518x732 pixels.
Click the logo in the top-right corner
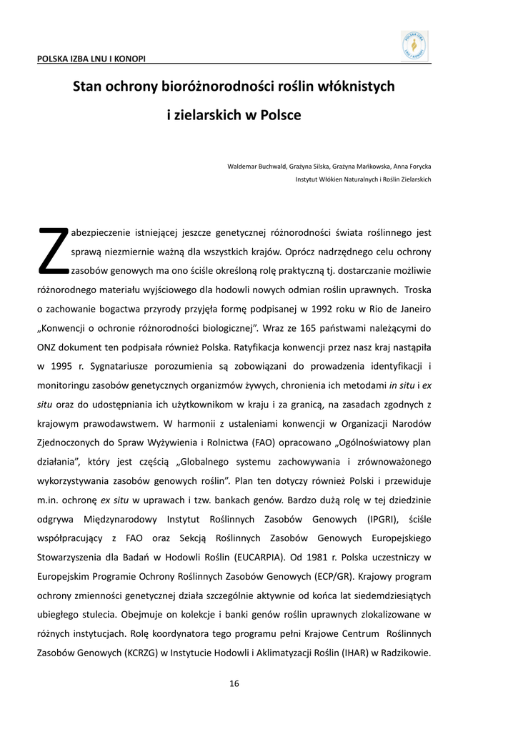click(x=415, y=45)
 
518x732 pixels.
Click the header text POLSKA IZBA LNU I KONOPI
click(x=86, y=58)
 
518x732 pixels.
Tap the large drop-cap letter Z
click(x=52, y=251)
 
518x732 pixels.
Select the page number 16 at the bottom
click(x=234, y=683)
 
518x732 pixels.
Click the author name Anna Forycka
click(x=412, y=167)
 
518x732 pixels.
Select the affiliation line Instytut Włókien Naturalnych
click(x=363, y=179)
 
